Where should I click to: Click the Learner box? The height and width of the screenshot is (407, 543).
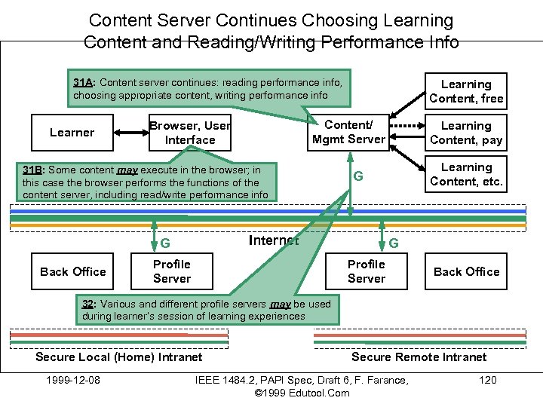coord(72,133)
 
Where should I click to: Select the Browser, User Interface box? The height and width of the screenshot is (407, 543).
coord(190,133)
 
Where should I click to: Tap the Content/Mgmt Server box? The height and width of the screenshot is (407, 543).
coord(348,132)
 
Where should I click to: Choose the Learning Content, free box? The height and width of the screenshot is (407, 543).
coord(466,91)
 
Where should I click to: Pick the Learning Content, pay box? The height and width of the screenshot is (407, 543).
coord(466,133)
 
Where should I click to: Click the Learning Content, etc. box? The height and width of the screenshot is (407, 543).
coord(466,174)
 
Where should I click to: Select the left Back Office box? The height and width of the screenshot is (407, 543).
coord(73,271)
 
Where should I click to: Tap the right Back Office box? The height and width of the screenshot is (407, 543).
coord(466,271)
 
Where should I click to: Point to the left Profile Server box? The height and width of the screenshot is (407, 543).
coord(172,271)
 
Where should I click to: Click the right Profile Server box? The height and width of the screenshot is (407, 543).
coord(367,271)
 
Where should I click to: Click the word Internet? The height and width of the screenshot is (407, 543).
coord(273,240)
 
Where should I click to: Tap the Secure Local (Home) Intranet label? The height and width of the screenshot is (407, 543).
coord(119,357)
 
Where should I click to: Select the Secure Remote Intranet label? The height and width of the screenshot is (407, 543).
coord(419,357)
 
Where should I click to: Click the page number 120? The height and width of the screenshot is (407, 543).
coord(488,380)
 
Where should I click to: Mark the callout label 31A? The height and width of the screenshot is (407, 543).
coord(83,81)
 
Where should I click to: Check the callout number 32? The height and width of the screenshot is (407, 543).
coord(87,304)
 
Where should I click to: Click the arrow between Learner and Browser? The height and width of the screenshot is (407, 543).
coord(132,133)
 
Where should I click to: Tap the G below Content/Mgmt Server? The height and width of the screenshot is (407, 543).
coord(359,176)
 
